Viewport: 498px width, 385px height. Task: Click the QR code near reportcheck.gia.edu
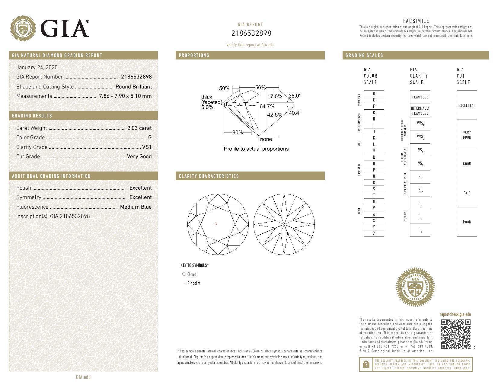pos(455,334)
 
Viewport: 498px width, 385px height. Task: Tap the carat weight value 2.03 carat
pos(139,128)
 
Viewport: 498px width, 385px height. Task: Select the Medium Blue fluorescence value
pos(136,207)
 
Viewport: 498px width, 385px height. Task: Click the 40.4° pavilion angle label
pos(295,113)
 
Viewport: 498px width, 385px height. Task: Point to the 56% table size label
pos(260,88)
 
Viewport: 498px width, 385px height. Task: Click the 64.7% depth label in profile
pos(267,106)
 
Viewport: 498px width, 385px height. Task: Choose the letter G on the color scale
pos(374,113)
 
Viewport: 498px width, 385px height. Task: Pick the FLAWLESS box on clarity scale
pos(420,97)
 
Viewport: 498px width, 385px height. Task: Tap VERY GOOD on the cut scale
pos(467,135)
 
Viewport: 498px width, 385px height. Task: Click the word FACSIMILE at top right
pos(416,21)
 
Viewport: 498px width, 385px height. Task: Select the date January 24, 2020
pos(37,67)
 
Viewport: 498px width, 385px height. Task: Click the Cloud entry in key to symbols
pos(192,274)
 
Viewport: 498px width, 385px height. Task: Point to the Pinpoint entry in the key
pos(193,283)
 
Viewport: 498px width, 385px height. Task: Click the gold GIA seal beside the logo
pos(23,29)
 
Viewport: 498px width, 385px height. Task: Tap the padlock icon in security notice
pos(366,364)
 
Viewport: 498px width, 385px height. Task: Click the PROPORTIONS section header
pos(194,55)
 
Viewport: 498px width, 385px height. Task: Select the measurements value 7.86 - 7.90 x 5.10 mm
pos(125,96)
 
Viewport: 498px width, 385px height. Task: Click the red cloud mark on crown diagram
pos(216,224)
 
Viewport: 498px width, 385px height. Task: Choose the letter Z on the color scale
pos(374,233)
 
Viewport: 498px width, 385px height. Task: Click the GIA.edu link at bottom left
pos(83,377)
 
